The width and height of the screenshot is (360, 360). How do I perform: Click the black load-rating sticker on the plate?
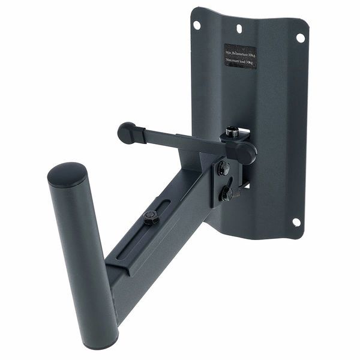coord(240,56)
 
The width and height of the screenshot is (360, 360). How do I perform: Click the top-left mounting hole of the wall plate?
coord(197,25)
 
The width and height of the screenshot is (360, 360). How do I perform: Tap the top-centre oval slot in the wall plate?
coord(239,28)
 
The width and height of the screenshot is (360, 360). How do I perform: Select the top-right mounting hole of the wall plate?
coord(300,37)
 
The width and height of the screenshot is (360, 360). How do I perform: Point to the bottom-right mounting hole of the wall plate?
coord(296,222)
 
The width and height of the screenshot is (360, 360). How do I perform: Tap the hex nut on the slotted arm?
coord(150,217)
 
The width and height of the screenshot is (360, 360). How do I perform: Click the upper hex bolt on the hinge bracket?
coord(224,168)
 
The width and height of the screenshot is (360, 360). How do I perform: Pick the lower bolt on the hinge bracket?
coord(227,194)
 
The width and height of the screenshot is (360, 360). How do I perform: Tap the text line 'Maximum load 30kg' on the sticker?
coord(240,62)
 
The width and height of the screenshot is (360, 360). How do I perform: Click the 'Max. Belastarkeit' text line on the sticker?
coord(240,52)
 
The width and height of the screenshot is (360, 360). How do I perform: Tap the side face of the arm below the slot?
coord(162,258)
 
